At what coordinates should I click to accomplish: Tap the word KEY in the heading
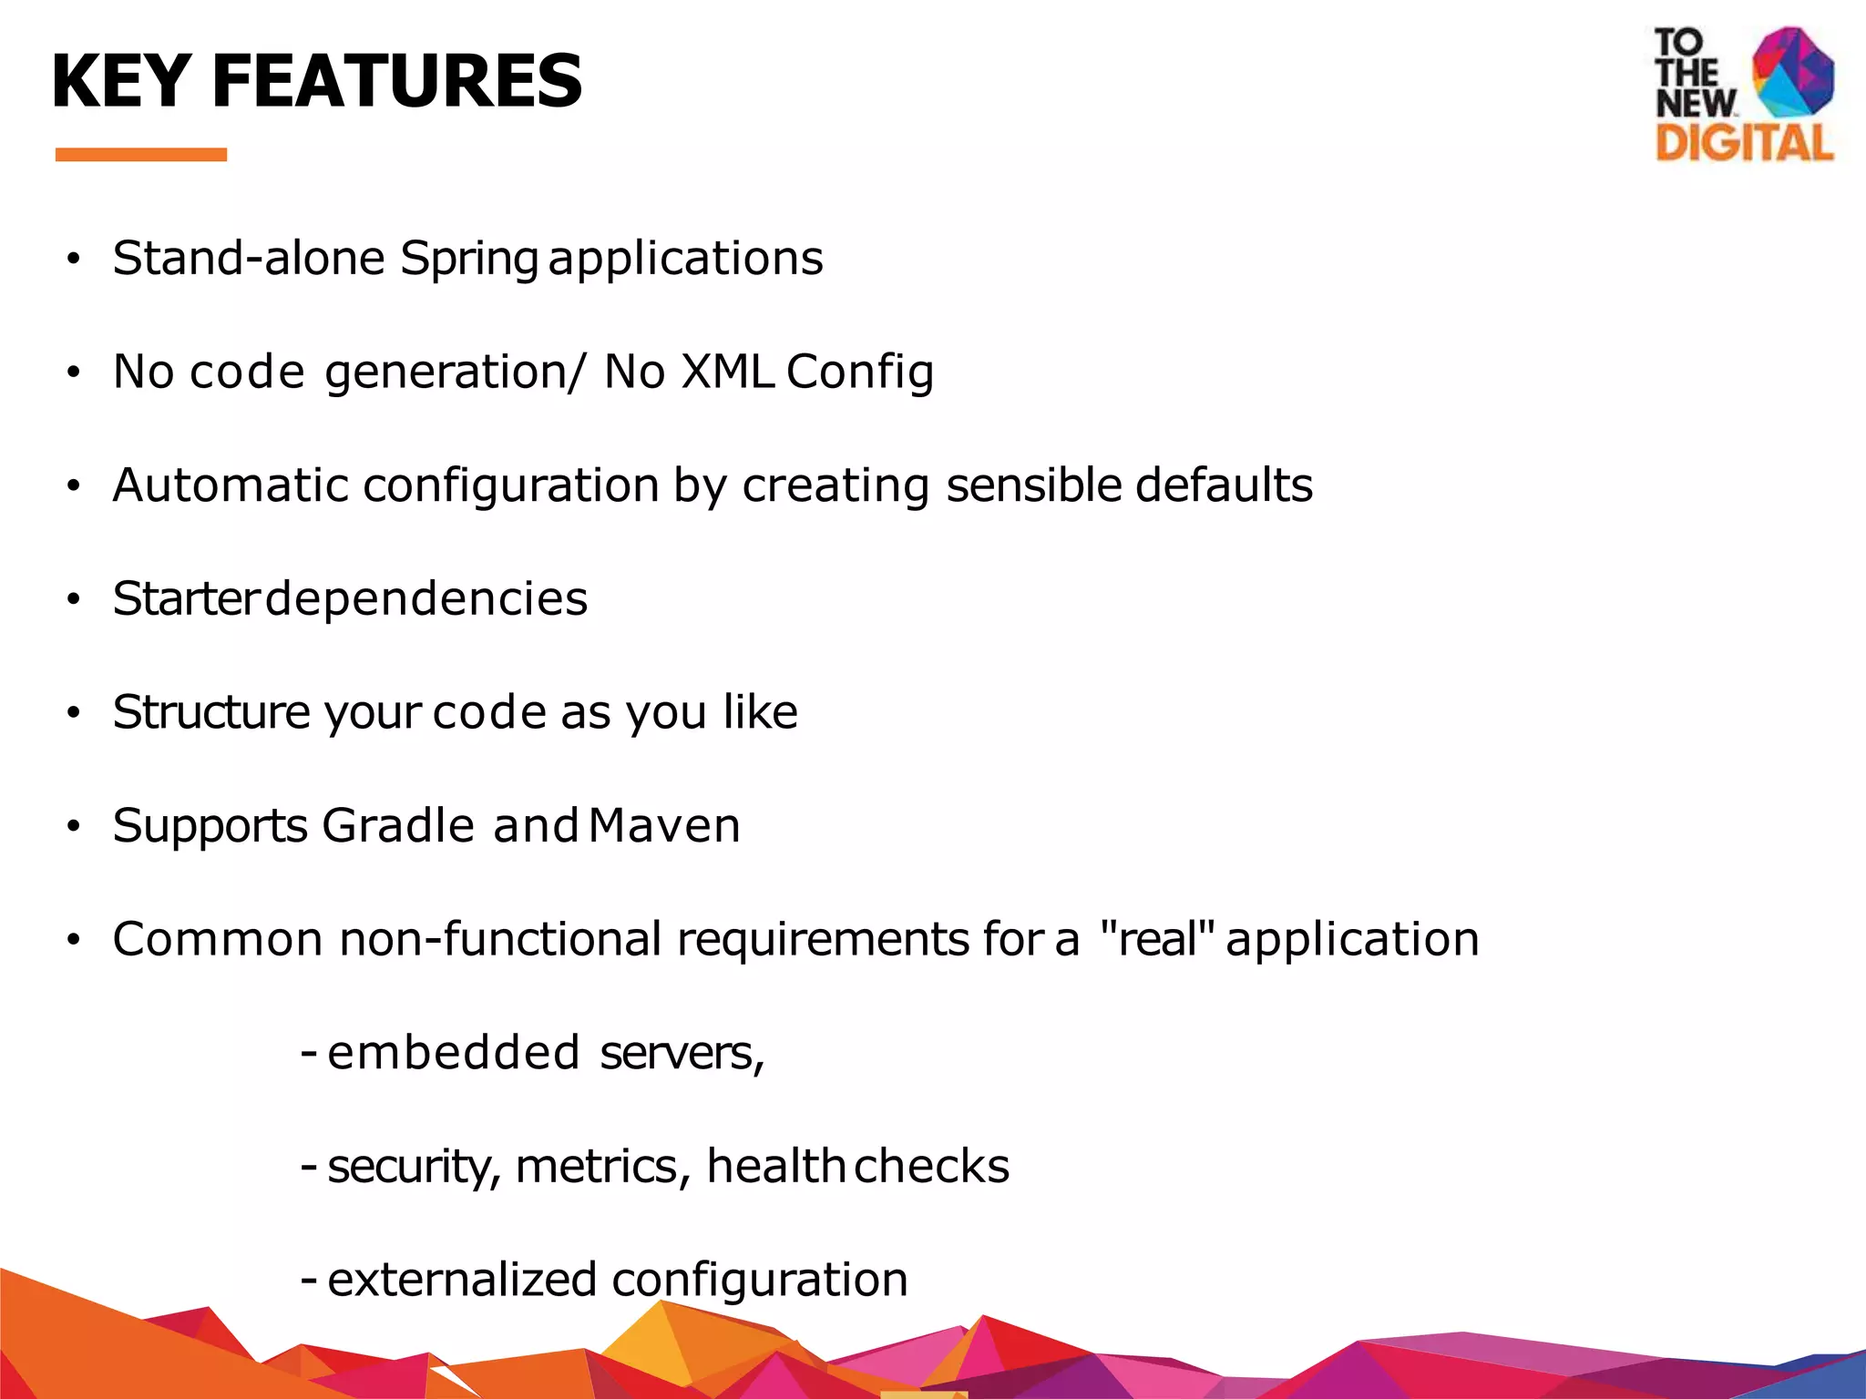pos(120,82)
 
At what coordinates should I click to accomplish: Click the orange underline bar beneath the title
pos(140,155)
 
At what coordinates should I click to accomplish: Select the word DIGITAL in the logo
pos(1744,144)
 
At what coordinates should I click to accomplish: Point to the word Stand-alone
pos(249,258)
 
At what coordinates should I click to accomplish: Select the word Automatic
pos(231,485)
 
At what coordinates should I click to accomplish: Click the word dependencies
pos(425,599)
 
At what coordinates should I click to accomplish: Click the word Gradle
pos(398,825)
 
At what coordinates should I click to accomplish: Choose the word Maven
pos(664,825)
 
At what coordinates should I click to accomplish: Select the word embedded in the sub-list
pos(453,1053)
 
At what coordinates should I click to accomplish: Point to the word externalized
pos(462,1280)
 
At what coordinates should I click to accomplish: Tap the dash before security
pos(309,1167)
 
